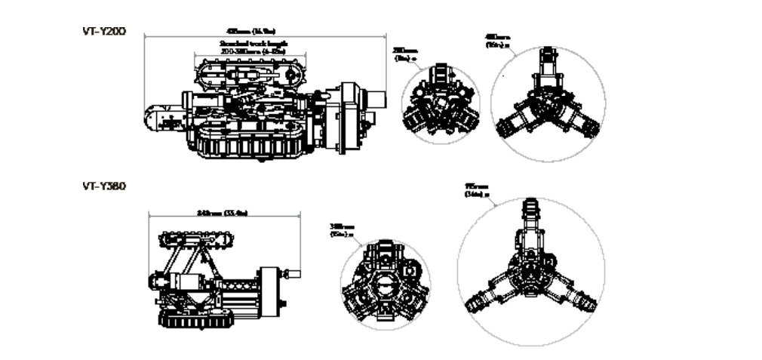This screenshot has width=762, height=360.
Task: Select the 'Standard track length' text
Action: pos(241,45)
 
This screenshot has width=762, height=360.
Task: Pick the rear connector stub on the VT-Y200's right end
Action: pos(378,100)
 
